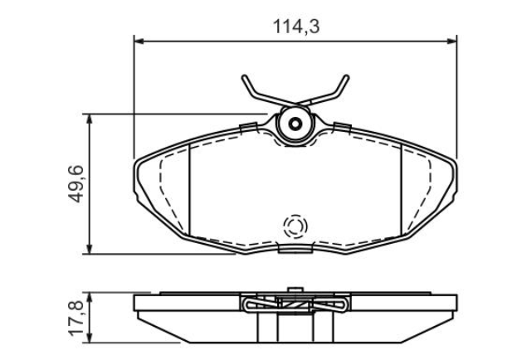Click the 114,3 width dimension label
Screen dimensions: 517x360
click(x=296, y=27)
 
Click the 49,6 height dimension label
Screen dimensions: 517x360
click(x=76, y=184)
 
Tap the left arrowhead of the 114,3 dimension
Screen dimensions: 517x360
click(x=139, y=41)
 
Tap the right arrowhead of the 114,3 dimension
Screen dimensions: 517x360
click(x=452, y=41)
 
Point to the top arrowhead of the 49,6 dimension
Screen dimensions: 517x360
click(x=90, y=119)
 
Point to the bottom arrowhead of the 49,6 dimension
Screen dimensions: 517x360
click(x=90, y=249)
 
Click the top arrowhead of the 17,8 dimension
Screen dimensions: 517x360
click(x=90, y=297)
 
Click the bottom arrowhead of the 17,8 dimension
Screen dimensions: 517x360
click(x=90, y=338)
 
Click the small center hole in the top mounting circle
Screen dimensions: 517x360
click(x=295, y=124)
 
